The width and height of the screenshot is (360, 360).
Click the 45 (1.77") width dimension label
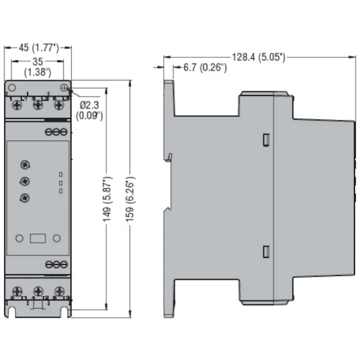coord(39,48)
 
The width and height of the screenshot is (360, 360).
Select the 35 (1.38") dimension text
coord(37,67)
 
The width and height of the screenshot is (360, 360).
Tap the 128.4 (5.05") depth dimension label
coord(258,57)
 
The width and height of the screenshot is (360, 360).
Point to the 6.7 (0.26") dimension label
coord(205,68)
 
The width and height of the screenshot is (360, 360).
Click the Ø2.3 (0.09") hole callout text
coord(89,110)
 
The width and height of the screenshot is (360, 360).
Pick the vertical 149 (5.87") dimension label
coord(107,199)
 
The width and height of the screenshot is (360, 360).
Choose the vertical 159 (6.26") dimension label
coord(130,199)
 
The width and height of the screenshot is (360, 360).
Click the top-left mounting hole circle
coord(12,88)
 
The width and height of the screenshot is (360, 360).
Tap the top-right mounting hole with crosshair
coord(64,88)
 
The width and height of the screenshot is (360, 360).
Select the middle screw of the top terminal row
coord(38,104)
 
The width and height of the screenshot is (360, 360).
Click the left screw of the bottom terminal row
coord(17,292)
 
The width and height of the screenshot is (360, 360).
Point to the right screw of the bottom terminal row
coord(59,292)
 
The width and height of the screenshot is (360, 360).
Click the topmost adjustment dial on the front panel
coord(24,165)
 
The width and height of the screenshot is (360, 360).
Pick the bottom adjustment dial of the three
coord(24,198)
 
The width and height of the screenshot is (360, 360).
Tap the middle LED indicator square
coord(60,183)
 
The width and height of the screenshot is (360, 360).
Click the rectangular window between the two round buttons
coord(38,238)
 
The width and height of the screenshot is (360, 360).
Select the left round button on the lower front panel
coord(19,238)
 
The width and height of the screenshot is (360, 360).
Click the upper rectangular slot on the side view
coord(266,140)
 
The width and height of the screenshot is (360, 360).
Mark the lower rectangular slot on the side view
coord(266,252)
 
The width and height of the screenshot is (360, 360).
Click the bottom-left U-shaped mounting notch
coord(11,312)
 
